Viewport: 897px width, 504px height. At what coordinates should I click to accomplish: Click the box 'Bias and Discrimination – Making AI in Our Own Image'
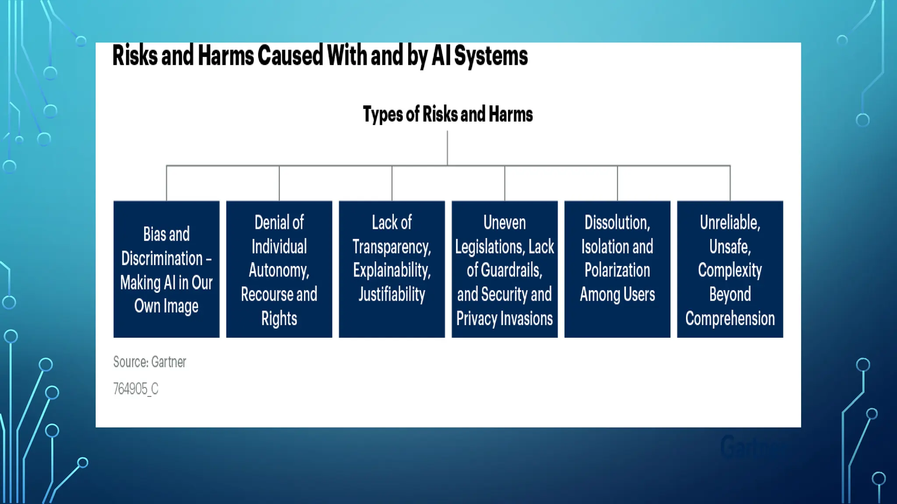click(166, 269)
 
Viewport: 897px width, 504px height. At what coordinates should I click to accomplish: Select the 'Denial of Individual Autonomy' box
click(279, 269)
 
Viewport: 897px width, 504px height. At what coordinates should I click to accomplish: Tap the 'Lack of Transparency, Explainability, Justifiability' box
click(392, 269)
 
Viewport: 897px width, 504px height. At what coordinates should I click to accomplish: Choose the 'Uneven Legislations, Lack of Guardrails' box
click(505, 269)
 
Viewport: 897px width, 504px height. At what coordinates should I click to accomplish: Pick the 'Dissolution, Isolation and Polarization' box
click(617, 269)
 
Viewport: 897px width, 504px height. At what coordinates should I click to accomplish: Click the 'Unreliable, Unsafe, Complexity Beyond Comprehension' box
click(730, 269)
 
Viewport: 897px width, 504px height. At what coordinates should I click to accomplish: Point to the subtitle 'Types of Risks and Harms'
click(448, 114)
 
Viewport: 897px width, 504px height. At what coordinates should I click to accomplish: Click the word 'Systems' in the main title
click(491, 56)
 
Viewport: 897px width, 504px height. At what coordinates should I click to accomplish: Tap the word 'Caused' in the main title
click(290, 56)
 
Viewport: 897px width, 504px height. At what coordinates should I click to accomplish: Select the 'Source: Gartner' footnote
click(150, 362)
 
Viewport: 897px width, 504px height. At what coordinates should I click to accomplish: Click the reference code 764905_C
click(136, 388)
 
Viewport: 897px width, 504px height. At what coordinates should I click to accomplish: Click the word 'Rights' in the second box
click(279, 318)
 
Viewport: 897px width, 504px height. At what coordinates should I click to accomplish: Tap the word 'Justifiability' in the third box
click(392, 294)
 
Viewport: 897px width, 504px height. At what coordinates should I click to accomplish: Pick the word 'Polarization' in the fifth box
click(617, 270)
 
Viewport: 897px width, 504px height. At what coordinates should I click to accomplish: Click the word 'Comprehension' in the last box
click(730, 318)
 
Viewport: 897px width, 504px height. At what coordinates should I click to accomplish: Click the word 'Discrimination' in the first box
click(162, 259)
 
